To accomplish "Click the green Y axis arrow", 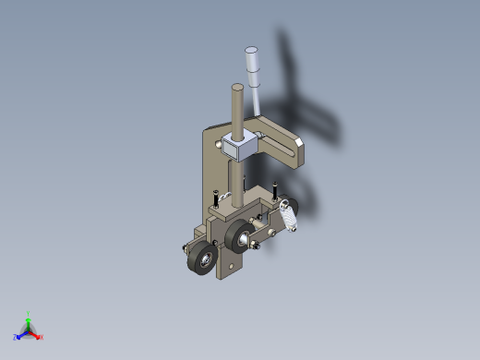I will point(29,317).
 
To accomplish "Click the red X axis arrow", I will point(39,336).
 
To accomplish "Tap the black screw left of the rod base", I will point(216,198).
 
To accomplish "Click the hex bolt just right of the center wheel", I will point(258,246).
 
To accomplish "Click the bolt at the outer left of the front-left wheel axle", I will point(184,246).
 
